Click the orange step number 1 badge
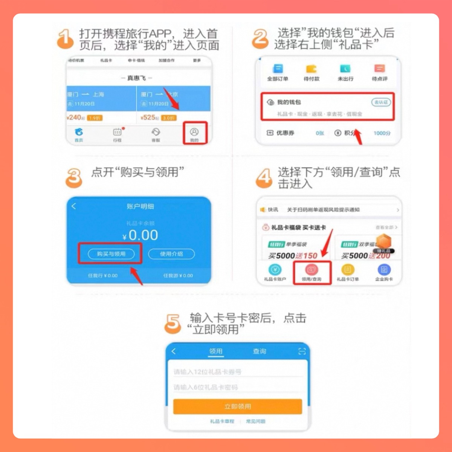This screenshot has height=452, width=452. (x=65, y=39)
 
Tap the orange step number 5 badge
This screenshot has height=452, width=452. (x=173, y=324)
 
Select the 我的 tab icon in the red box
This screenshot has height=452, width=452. (x=194, y=132)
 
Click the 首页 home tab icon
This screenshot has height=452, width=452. (x=79, y=132)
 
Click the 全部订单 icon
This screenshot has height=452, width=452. (x=278, y=69)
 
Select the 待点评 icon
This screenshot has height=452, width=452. (x=379, y=69)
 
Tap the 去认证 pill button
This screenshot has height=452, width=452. (x=381, y=102)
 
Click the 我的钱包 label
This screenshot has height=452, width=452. (x=289, y=102)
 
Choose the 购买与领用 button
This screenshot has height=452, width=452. (x=111, y=254)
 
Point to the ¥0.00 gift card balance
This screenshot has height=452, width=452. (x=140, y=235)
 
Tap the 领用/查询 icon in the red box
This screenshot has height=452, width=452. (x=312, y=270)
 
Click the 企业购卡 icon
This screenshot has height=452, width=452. (x=384, y=270)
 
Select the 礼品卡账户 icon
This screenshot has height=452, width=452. (x=275, y=270)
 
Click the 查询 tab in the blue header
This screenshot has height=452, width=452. (x=259, y=351)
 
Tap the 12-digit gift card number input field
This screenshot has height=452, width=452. (x=237, y=372)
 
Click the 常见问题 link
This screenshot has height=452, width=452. (x=256, y=421)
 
